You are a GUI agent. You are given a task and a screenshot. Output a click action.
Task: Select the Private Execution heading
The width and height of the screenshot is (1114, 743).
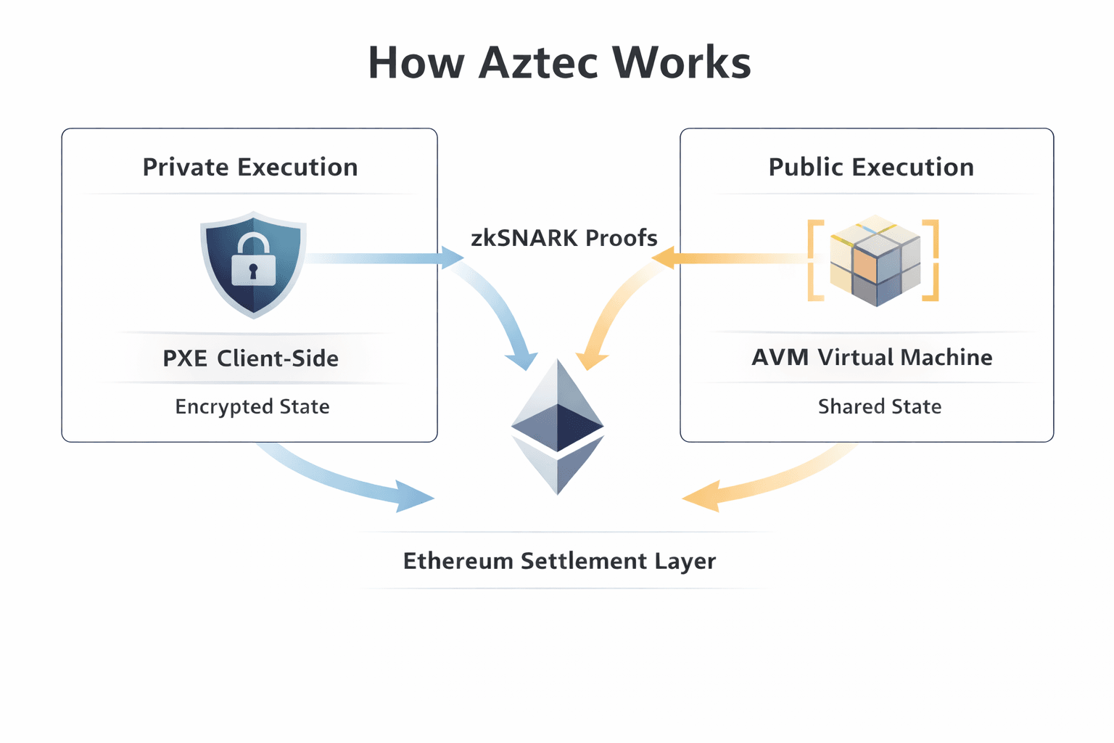coord(250,167)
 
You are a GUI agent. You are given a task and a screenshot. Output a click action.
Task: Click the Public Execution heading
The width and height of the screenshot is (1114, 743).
coord(871,167)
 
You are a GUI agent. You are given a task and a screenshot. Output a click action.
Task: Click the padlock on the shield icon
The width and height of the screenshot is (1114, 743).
coord(253,261)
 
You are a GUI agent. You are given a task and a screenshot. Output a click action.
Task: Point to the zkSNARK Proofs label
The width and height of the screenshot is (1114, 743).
coord(564,238)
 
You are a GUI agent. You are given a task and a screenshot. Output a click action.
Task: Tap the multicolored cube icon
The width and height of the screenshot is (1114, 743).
coord(875,260)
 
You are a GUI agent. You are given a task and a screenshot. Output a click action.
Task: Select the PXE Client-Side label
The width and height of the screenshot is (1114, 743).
coord(250,358)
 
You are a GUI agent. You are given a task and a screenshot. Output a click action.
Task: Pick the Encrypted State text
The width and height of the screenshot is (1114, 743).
coord(252,406)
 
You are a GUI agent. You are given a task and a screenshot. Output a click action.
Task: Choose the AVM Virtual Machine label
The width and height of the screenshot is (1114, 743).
coord(872,357)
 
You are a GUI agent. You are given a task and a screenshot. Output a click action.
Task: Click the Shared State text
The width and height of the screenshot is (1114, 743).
coord(880,406)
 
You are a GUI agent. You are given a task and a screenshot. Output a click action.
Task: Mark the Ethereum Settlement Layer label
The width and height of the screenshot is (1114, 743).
coord(559,561)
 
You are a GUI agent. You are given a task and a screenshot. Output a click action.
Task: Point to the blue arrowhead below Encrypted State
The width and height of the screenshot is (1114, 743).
coord(413,497)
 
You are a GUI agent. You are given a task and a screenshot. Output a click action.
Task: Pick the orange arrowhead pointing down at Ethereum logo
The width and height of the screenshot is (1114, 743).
coord(591,358)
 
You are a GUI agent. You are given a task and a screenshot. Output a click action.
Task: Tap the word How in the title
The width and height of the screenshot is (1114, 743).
coord(416,62)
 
